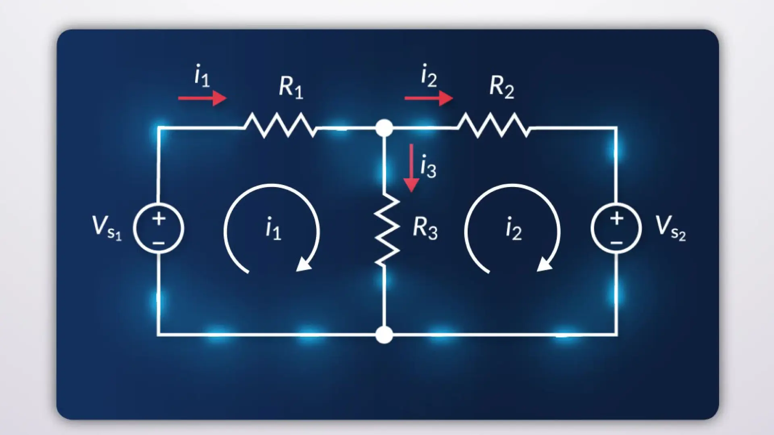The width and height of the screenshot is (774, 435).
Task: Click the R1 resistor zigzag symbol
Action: (280, 125)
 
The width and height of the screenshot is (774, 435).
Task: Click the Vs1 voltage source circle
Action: (159, 229)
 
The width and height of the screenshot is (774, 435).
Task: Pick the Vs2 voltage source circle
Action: (616, 228)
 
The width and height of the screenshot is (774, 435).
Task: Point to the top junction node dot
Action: (384, 128)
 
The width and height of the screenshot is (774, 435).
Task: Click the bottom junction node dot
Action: (384, 335)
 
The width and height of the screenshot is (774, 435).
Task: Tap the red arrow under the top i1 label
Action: (202, 98)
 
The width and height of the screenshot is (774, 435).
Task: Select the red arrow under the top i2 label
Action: (429, 98)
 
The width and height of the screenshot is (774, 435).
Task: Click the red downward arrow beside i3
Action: (411, 168)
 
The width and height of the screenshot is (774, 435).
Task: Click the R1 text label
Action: (291, 87)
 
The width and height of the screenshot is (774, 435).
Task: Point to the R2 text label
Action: (502, 87)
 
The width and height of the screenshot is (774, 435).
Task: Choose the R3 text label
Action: (425, 229)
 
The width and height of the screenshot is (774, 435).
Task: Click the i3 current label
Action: (428, 166)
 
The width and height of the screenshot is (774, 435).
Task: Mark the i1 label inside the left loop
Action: (273, 229)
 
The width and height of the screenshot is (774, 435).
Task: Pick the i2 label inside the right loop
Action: (514, 229)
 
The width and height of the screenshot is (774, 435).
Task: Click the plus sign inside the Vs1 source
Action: (159, 219)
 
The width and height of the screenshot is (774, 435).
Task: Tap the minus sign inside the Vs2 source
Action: (616, 243)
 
